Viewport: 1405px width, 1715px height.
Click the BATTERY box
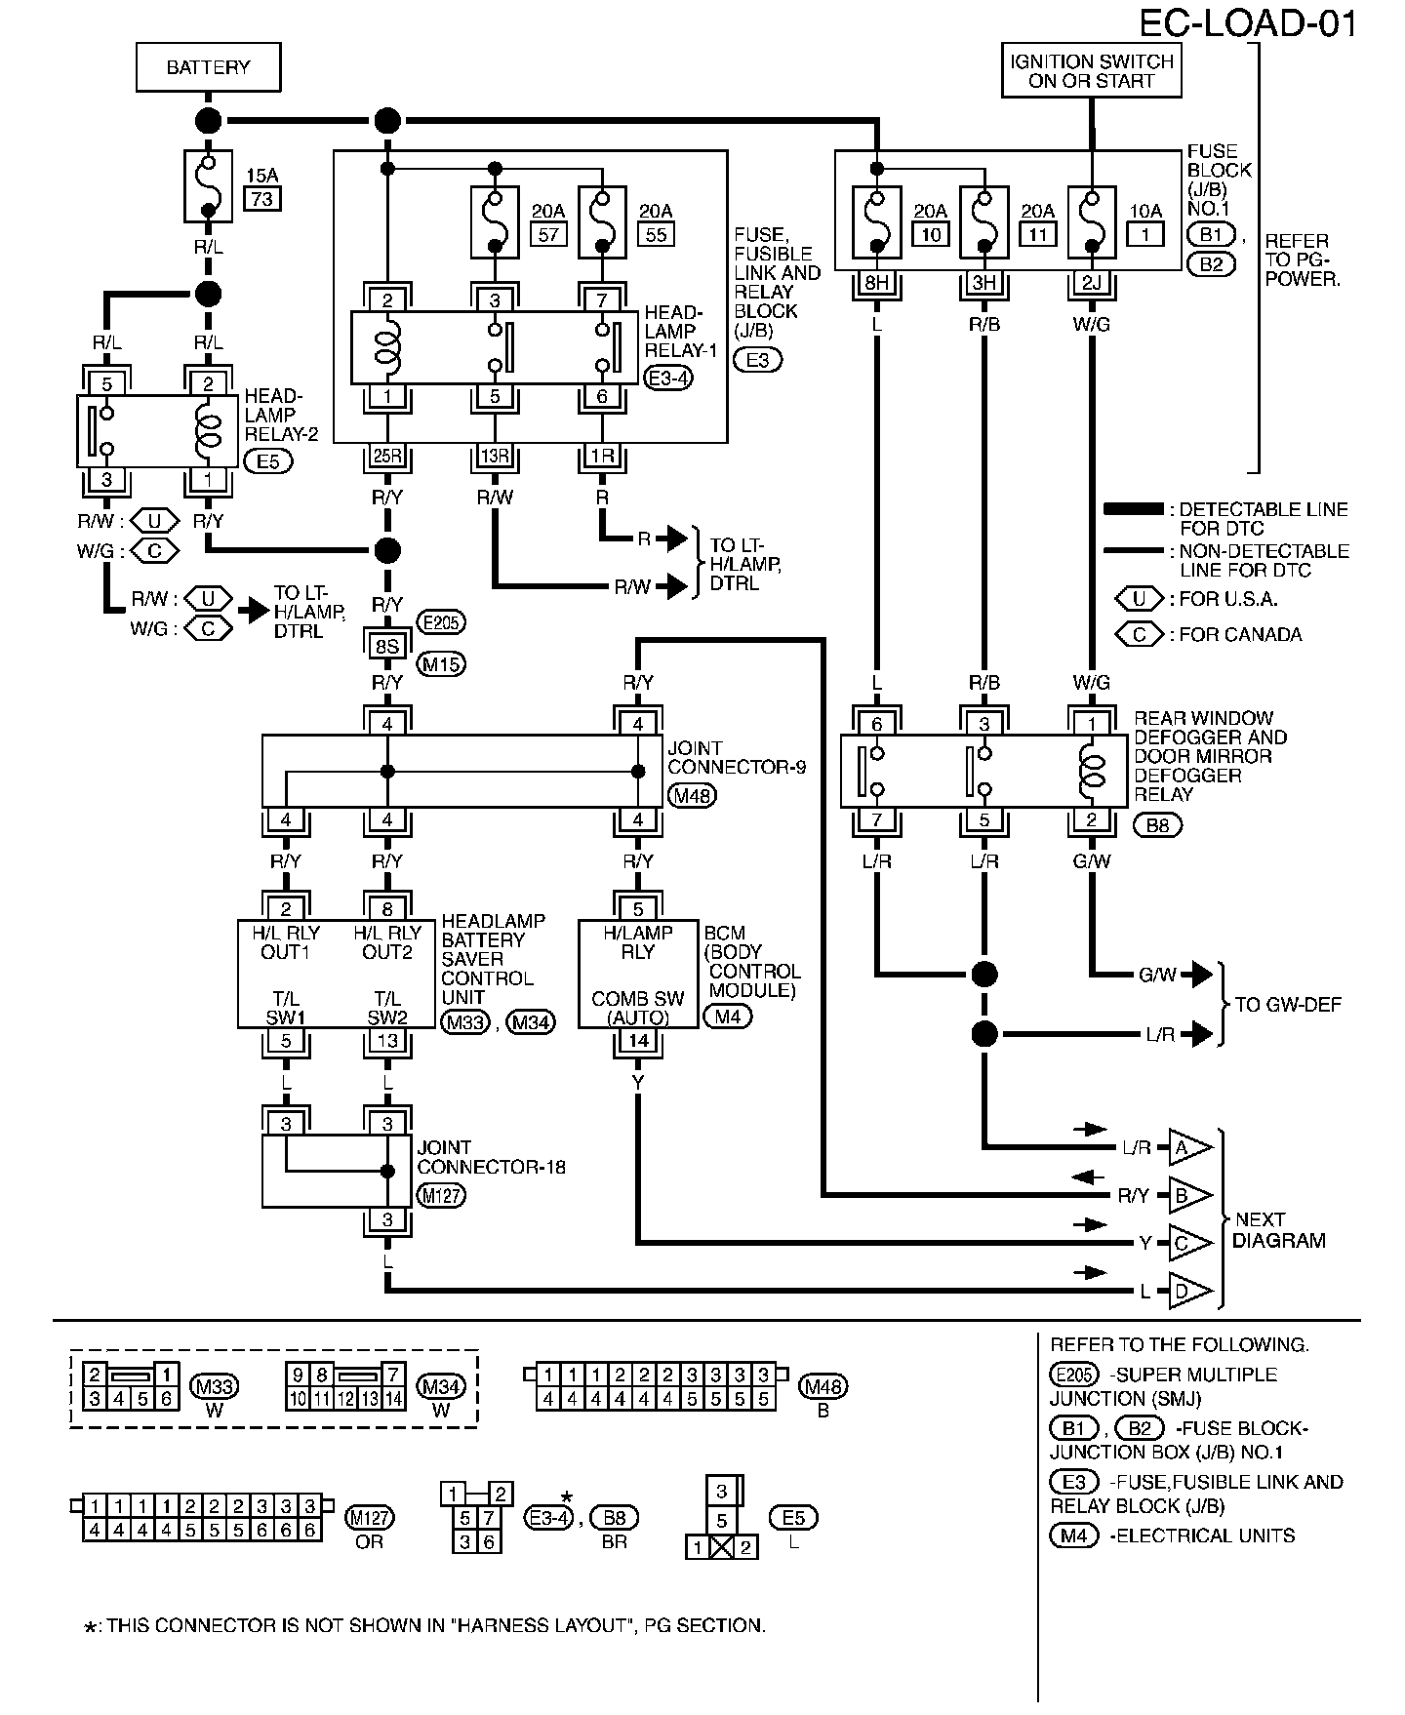[x=208, y=67]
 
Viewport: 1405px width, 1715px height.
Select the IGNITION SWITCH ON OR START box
[x=1092, y=70]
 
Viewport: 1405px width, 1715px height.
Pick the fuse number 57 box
[x=548, y=234]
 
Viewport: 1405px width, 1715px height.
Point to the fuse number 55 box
[x=656, y=234]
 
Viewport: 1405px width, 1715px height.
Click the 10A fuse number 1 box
[x=1145, y=234]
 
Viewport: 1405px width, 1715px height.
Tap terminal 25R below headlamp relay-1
[x=387, y=457]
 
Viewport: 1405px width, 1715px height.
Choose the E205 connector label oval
[x=441, y=622]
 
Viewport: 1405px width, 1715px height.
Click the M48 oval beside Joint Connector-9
[x=693, y=796]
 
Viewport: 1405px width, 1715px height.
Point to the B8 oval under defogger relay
[x=1157, y=825]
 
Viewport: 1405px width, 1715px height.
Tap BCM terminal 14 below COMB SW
[x=638, y=1040]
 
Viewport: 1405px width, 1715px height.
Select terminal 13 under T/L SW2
[x=387, y=1040]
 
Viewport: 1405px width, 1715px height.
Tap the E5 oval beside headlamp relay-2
[x=268, y=460]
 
